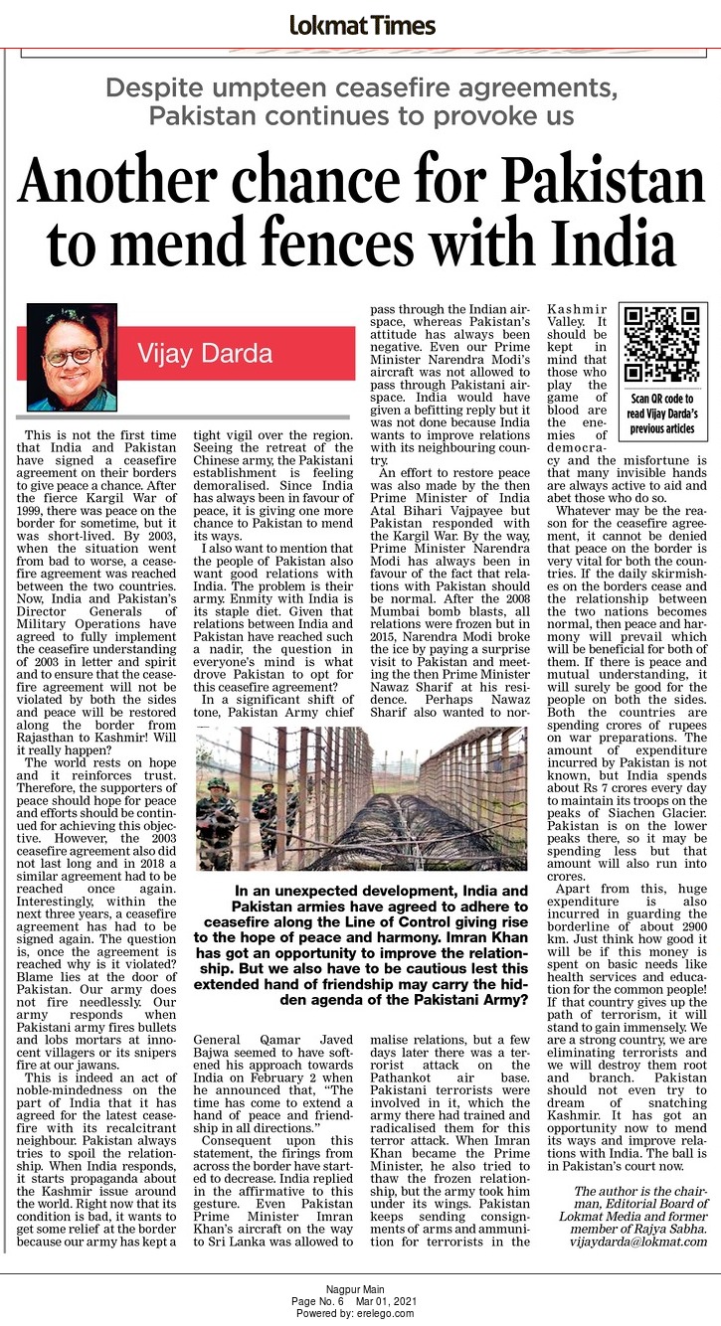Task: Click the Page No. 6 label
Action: point(317,1301)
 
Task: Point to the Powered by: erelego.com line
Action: point(360,1313)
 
